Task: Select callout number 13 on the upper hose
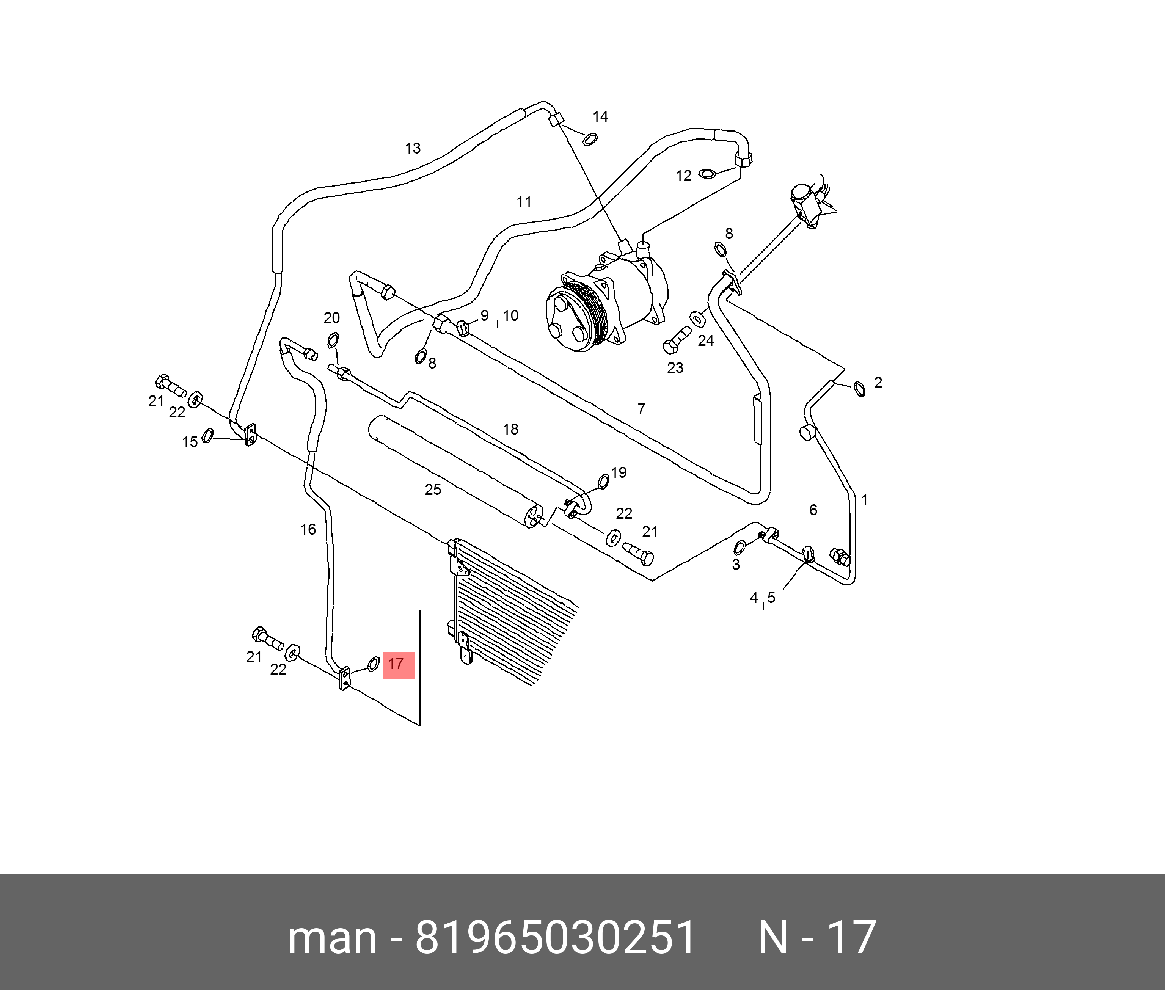pyautogui.click(x=413, y=148)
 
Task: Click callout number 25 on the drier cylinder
pyautogui.click(x=433, y=490)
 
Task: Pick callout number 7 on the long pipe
pyautogui.click(x=641, y=409)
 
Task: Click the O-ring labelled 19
pyautogui.click(x=604, y=480)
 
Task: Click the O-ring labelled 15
pyautogui.click(x=207, y=435)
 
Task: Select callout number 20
pyautogui.click(x=332, y=318)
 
